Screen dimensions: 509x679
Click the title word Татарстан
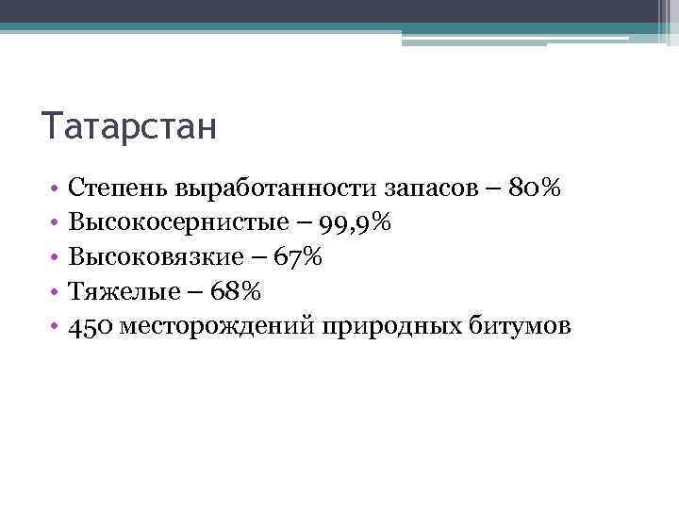[129, 125]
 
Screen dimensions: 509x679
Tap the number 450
[92, 326]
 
